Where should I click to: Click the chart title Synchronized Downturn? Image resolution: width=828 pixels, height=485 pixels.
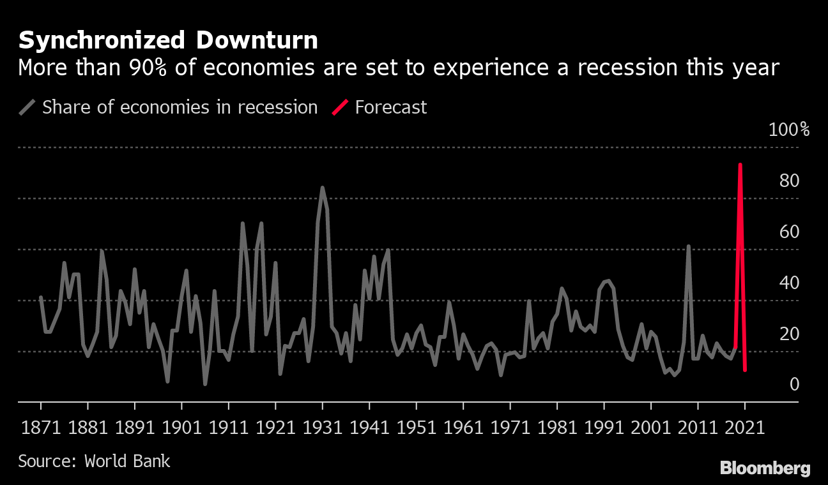(x=168, y=41)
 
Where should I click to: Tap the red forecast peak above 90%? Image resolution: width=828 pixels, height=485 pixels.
(x=740, y=165)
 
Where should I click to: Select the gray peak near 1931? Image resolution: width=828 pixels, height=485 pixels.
(x=322, y=188)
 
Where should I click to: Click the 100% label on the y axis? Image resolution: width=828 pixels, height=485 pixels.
(x=788, y=130)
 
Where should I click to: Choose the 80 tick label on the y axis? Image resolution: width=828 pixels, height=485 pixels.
(x=790, y=181)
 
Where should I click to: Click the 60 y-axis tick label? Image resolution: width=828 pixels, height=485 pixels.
(x=790, y=232)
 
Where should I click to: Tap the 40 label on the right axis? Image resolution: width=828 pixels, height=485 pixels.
(x=790, y=283)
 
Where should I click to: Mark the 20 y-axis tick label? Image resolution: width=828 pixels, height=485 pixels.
(x=790, y=334)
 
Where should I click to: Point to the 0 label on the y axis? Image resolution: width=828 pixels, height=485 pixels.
(x=794, y=384)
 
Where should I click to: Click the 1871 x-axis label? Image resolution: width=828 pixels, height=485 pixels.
(x=41, y=427)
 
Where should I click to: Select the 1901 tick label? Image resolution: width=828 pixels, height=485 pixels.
(x=181, y=427)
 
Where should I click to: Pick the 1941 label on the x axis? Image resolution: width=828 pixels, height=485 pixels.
(x=369, y=427)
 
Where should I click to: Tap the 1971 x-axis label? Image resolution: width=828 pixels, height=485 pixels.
(x=509, y=427)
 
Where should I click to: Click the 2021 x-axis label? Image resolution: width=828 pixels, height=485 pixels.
(x=744, y=427)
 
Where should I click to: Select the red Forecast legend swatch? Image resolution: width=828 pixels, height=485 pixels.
(x=340, y=107)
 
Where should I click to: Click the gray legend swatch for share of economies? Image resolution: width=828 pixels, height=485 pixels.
(x=27, y=107)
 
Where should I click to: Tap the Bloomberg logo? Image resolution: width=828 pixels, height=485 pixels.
(x=765, y=468)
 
